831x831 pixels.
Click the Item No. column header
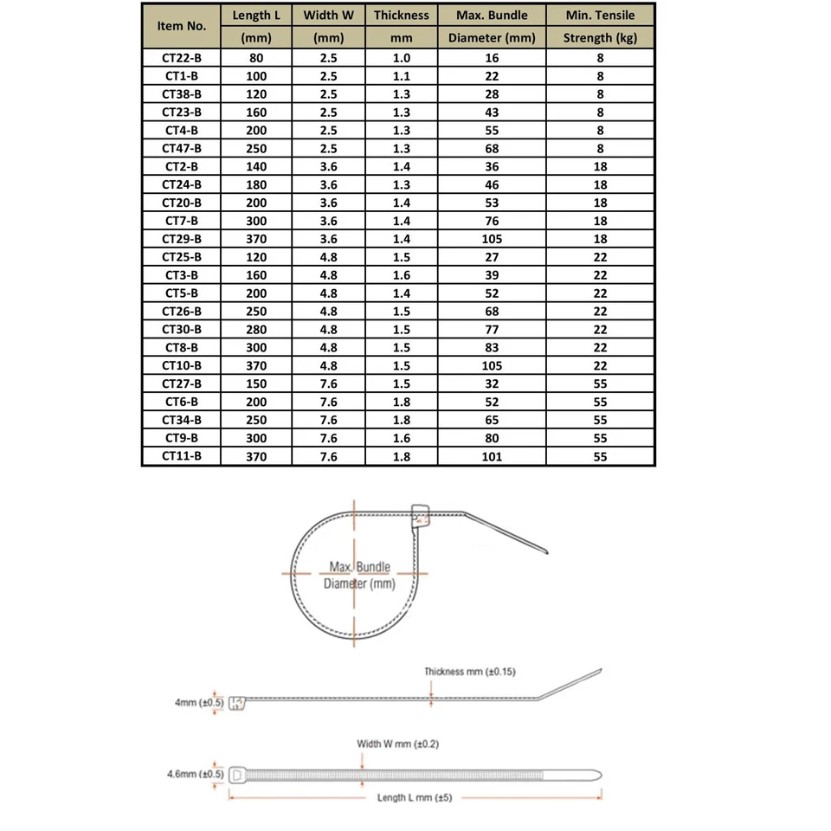tap(182, 26)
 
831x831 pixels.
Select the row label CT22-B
tap(182, 58)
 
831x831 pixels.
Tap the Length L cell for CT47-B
tap(255, 148)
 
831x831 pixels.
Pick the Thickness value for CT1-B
tap(402, 76)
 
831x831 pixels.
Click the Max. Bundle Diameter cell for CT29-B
tap(492, 239)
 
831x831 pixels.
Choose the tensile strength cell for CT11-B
tap(600, 456)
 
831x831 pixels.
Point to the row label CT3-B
tap(182, 275)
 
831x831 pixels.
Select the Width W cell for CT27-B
tap(328, 383)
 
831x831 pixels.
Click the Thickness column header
tap(402, 16)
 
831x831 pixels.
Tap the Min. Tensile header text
tap(600, 16)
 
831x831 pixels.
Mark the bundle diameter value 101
tap(492, 456)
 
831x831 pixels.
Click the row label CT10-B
tap(182, 365)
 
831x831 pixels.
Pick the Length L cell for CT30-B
tap(255, 329)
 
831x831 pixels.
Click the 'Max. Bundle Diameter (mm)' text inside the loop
tap(359, 576)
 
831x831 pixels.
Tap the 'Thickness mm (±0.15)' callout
tap(470, 672)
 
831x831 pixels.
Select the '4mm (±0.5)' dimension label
tap(199, 703)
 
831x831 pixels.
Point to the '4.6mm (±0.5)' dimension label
tap(196, 774)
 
